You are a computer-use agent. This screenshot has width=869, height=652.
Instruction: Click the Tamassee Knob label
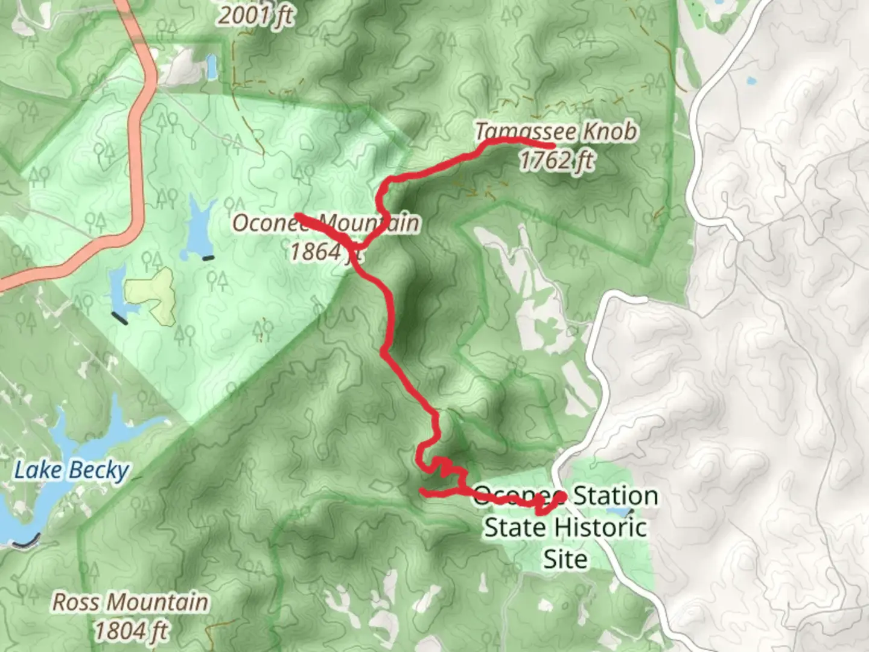tap(555, 131)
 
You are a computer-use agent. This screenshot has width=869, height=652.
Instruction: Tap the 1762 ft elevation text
tap(556, 161)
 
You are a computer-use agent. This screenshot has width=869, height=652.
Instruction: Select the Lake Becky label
tap(71, 470)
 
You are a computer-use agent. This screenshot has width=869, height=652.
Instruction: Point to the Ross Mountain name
tap(130, 602)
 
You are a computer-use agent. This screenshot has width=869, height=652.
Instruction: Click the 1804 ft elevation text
tap(130, 631)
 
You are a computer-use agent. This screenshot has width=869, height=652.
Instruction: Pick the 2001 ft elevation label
tap(255, 16)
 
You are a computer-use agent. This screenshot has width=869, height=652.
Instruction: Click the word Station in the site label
tap(614, 496)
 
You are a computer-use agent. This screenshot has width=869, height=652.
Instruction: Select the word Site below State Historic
tap(565, 558)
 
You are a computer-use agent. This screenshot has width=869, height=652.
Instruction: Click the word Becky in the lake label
tap(100, 470)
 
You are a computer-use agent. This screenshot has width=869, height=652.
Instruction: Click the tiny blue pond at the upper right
tap(751, 80)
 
